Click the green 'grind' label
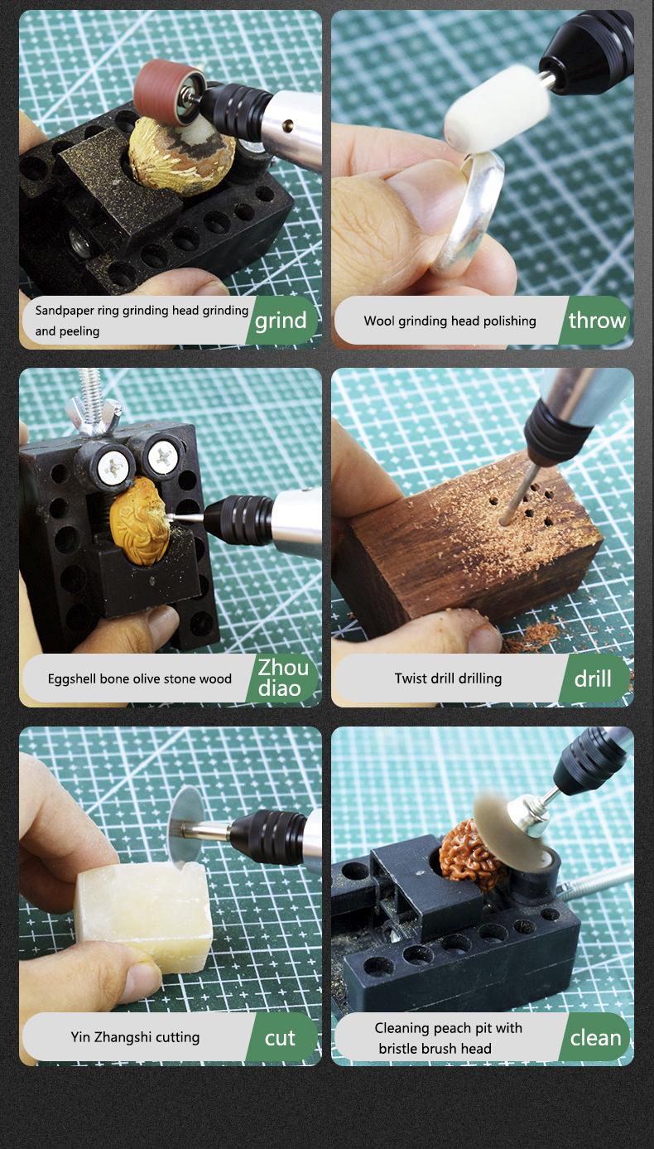(281, 321)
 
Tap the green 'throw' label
(596, 321)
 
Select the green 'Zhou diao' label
(282, 678)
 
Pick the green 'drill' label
(594, 678)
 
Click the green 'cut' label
(281, 1038)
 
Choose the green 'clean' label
(595, 1038)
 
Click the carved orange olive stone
(139, 520)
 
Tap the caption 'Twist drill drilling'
(448, 678)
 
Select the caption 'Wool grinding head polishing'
(450, 321)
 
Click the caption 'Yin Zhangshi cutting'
(135, 1036)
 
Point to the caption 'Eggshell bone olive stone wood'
(139, 678)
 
